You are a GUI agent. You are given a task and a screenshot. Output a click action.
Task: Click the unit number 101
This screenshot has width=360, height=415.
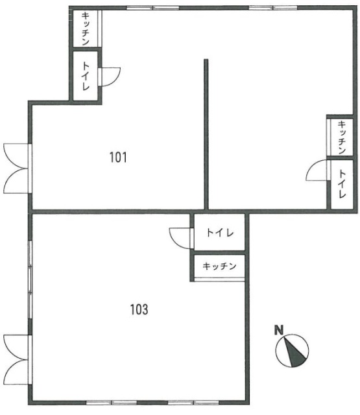(118, 157)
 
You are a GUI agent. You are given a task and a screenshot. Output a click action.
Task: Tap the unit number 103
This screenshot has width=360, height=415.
(139, 309)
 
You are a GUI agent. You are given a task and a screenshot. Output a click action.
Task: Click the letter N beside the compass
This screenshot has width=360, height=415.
(279, 330)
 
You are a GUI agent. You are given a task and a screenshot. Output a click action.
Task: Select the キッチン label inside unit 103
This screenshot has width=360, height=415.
(219, 266)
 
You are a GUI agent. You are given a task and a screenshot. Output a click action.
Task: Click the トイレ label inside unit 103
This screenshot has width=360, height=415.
(220, 233)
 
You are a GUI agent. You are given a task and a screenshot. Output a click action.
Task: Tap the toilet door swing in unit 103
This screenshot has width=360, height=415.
(181, 238)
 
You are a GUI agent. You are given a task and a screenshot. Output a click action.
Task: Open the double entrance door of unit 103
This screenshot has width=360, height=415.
(16, 359)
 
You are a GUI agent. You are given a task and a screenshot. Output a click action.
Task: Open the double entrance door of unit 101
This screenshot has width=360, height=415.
(16, 169)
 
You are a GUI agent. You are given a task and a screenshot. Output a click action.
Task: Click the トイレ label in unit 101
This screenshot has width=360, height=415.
(85, 76)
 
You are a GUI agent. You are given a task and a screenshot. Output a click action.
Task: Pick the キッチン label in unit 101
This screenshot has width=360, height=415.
(85, 29)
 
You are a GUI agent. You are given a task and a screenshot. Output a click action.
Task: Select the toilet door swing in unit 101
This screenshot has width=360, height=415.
(110, 77)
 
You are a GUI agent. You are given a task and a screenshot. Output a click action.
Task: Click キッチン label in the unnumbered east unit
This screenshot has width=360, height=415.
(342, 137)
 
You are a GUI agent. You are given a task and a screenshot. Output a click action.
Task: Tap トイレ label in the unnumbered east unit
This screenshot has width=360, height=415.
(342, 184)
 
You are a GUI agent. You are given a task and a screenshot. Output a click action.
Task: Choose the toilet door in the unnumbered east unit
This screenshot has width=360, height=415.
(317, 171)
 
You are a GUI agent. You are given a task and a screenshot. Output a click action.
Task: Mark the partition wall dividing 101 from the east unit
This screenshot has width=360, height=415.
(206, 134)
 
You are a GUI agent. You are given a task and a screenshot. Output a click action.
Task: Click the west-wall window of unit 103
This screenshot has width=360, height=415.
(30, 279)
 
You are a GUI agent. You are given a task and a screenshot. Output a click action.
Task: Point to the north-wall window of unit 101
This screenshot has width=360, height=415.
(153, 8)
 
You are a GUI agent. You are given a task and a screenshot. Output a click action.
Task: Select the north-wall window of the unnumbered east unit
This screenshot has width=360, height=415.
(273, 8)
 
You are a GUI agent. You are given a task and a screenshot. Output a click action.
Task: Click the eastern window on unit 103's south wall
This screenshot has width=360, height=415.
(193, 403)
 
